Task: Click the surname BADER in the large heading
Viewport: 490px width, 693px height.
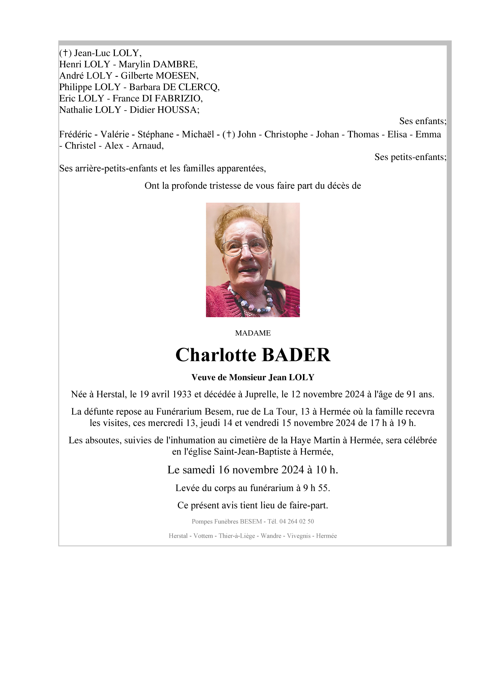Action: pos(296,355)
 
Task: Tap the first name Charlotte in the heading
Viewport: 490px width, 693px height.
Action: pos(216,355)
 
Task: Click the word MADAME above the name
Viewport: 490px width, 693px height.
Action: pos(253,333)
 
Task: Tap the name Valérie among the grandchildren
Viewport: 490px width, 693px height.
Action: pos(114,134)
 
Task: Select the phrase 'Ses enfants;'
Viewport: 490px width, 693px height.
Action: pos(422,121)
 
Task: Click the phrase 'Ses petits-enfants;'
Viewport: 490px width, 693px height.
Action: pos(410,157)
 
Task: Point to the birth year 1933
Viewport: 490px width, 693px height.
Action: pos(182,394)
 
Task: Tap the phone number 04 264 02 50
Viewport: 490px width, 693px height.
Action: pos(297,522)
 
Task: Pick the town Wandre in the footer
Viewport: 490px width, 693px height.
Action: pos(271,536)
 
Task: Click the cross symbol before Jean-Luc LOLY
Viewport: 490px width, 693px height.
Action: pos(65,53)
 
